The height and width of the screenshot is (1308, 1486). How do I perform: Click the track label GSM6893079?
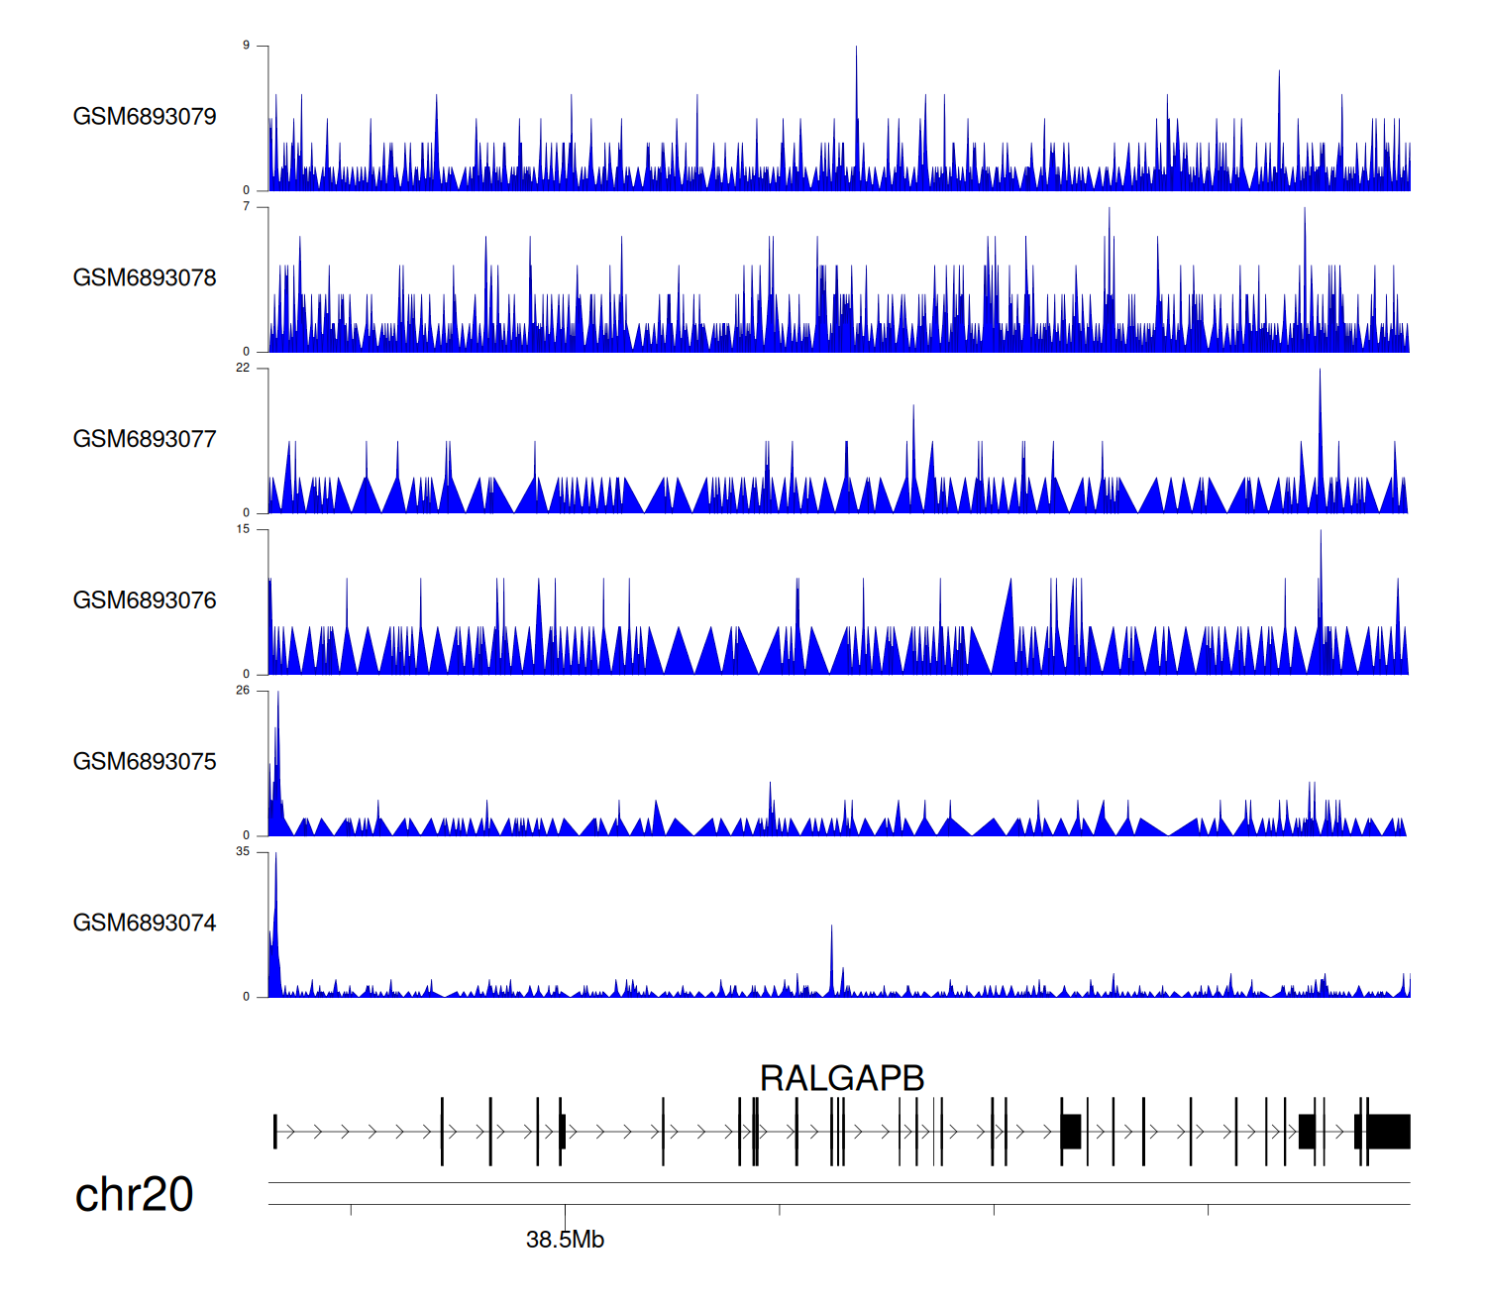point(145,117)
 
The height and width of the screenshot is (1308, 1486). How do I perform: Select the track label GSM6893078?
point(145,278)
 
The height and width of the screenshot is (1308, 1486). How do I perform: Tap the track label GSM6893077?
point(145,440)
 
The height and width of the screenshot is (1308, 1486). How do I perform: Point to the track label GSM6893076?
point(145,601)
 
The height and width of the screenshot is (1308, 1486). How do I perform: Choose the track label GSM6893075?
point(145,762)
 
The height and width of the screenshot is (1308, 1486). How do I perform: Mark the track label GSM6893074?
point(145,924)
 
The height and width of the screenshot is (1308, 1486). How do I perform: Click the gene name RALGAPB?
point(842,1078)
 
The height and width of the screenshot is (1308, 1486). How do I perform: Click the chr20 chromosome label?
point(134,1195)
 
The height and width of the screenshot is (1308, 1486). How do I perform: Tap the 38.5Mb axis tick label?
point(565,1240)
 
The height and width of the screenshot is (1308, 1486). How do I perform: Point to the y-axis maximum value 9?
point(247,46)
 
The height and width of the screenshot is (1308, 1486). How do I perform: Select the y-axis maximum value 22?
point(243,368)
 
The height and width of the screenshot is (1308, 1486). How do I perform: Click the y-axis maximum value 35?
point(243,851)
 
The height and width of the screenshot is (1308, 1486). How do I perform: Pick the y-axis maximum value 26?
point(243,691)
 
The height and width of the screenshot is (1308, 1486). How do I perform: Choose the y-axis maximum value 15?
point(243,529)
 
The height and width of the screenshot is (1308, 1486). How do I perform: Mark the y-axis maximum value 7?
point(247,207)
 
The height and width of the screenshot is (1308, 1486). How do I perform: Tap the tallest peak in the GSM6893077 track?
point(1320,373)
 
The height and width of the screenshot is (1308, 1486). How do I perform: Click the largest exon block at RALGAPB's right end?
point(1389,1132)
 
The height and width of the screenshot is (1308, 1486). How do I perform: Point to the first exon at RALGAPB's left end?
point(274,1132)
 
